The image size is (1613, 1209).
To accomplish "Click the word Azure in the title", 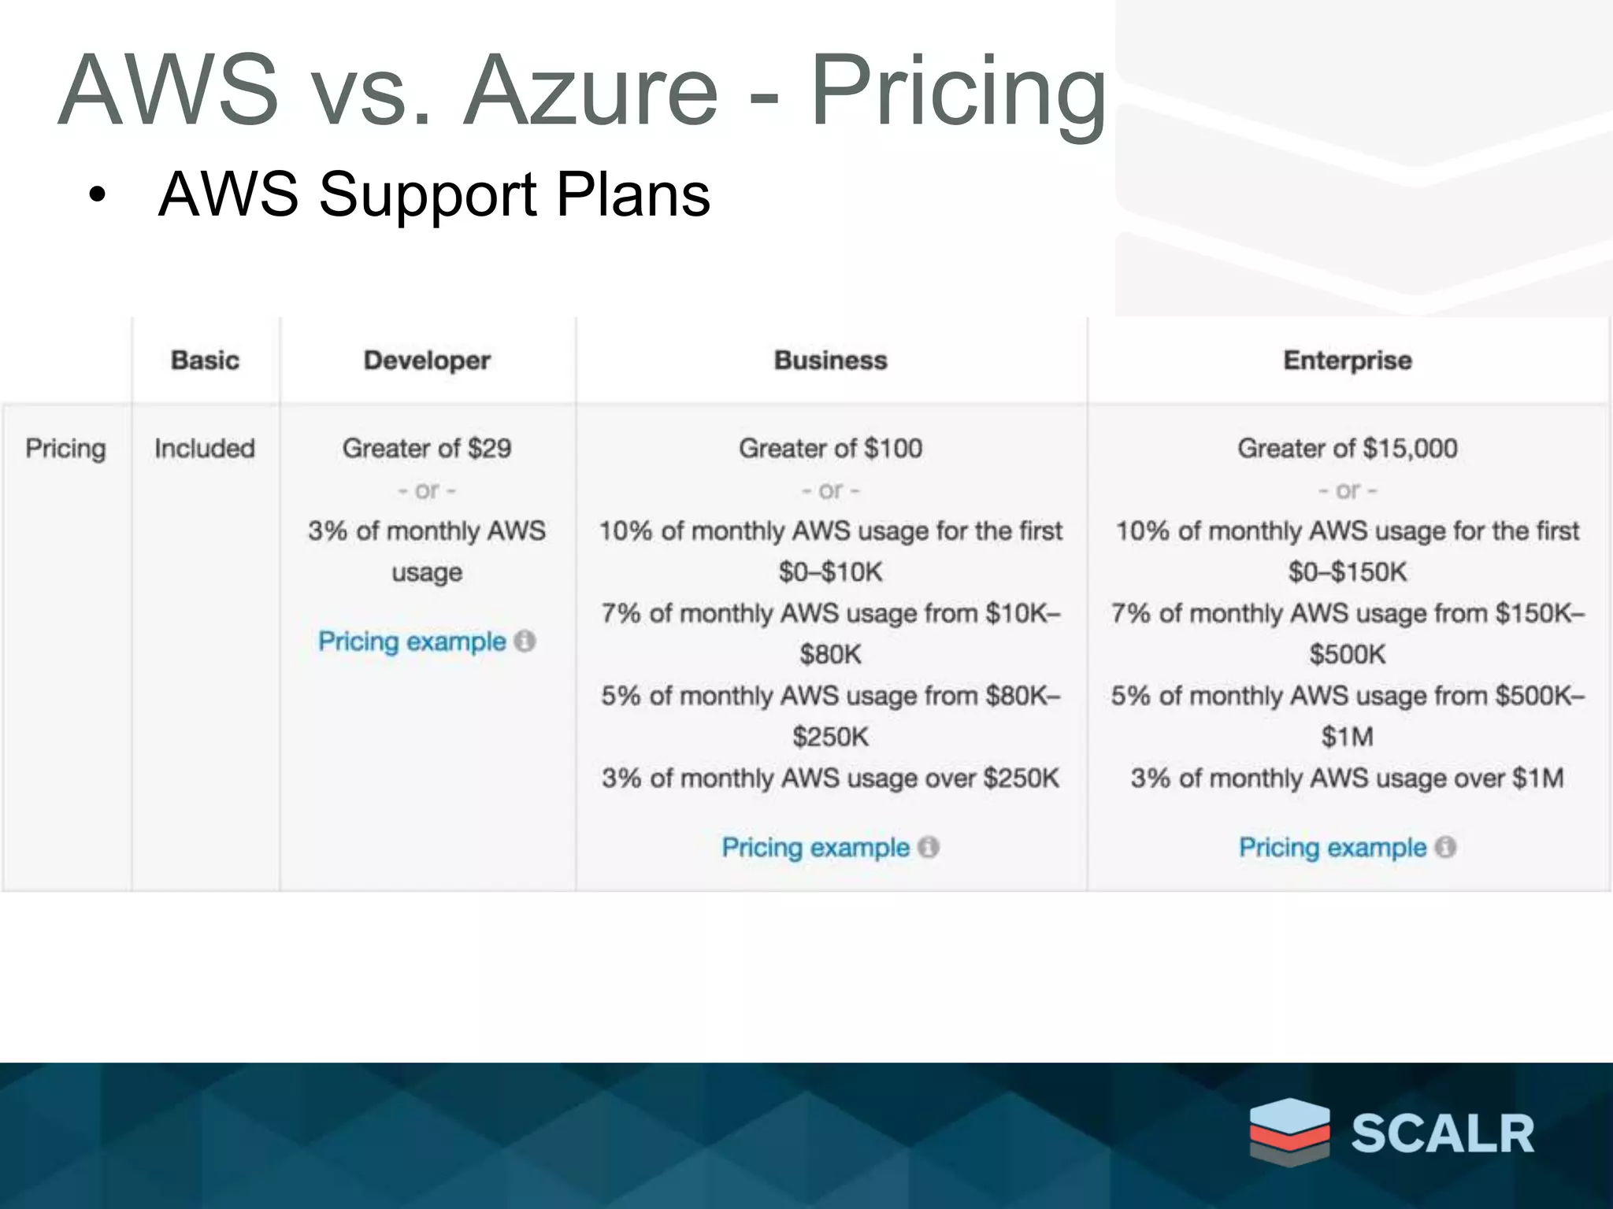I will pos(591,91).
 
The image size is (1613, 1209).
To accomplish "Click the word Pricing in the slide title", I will pos(958,91).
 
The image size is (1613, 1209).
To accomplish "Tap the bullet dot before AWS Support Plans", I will pos(96,195).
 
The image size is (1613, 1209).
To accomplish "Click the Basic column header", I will pos(205,360).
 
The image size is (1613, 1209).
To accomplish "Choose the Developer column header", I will pos(427,360).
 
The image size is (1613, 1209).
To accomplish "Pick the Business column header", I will pos(830,360).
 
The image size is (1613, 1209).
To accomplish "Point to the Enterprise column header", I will pos(1347,360).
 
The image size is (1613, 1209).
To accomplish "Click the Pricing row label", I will pos(65,449).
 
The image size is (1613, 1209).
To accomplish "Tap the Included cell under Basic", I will pos(205,449).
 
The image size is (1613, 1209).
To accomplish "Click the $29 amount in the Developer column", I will pos(490,449).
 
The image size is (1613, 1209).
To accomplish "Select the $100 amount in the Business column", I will pos(893,449).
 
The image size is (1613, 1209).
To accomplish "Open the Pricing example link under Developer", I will pos(412,641).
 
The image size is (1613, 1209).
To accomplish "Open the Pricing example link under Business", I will pos(816,848).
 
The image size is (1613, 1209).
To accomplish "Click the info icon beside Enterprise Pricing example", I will pos(1445,848).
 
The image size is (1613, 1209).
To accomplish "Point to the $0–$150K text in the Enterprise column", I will pos(1347,572).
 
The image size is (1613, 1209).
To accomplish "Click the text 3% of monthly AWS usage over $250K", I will pos(830,778).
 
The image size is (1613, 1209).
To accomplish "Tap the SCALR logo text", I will pos(1443,1134).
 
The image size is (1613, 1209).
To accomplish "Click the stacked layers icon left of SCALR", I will pos(1289,1132).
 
